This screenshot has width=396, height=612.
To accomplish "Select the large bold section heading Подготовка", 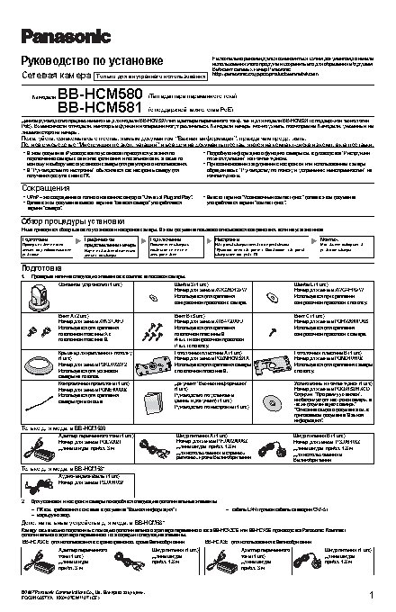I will (x=40, y=268).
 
